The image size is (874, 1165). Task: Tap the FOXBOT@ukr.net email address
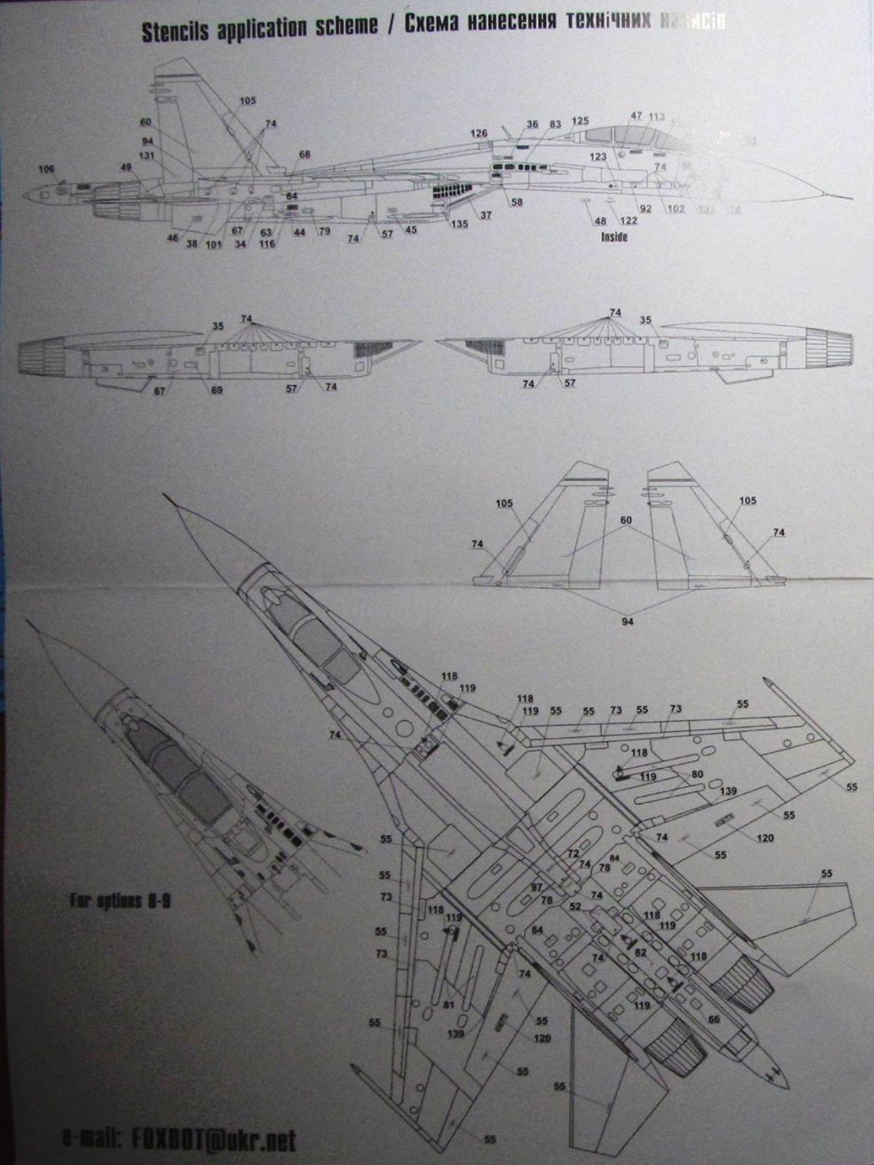(213, 1124)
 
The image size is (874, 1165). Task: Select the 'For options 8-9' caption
(120, 901)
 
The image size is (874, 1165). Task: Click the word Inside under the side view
(614, 237)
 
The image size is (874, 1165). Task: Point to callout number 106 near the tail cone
(46, 169)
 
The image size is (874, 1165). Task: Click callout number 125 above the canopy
(580, 121)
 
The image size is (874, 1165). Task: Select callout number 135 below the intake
(459, 224)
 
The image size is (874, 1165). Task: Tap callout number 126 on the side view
(479, 133)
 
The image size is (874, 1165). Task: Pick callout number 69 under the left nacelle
(217, 390)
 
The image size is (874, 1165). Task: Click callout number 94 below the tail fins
(628, 621)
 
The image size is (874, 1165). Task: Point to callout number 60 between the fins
(626, 521)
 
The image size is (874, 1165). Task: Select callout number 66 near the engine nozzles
(714, 1019)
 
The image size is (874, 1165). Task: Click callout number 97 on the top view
(537, 887)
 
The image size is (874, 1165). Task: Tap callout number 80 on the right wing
(697, 775)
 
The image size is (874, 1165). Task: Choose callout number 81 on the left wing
(449, 1004)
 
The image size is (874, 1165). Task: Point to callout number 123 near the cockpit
(598, 157)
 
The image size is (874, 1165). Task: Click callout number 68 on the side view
(305, 155)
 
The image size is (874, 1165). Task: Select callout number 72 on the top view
(573, 854)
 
